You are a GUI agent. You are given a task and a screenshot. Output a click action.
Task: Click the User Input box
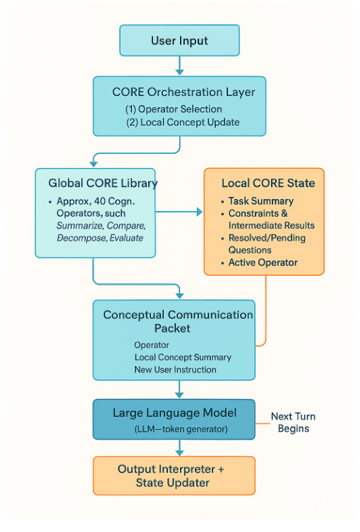(x=179, y=40)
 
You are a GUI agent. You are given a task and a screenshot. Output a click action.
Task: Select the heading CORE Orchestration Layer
(x=184, y=92)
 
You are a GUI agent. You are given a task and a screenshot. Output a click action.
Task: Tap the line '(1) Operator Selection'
(x=174, y=109)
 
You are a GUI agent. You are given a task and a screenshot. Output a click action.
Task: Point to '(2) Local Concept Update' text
(x=183, y=122)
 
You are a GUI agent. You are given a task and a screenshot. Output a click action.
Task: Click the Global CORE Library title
(x=103, y=183)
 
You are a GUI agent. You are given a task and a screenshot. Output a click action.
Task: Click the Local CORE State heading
(x=268, y=183)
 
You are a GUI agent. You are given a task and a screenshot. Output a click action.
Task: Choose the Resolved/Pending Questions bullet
(x=264, y=244)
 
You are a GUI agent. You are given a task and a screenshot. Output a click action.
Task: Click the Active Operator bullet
(x=263, y=262)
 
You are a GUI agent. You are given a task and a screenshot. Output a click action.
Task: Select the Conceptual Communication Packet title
(x=179, y=322)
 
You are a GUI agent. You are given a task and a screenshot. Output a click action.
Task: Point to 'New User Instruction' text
(x=175, y=369)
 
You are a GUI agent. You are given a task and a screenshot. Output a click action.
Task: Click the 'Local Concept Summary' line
(x=183, y=357)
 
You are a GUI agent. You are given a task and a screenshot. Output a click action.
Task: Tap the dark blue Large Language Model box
(x=179, y=419)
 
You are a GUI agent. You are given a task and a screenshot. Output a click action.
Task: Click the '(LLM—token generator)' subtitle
(x=179, y=430)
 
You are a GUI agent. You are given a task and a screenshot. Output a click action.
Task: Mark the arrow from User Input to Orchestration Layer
(x=179, y=66)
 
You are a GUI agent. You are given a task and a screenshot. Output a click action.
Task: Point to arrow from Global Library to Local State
(x=179, y=211)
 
